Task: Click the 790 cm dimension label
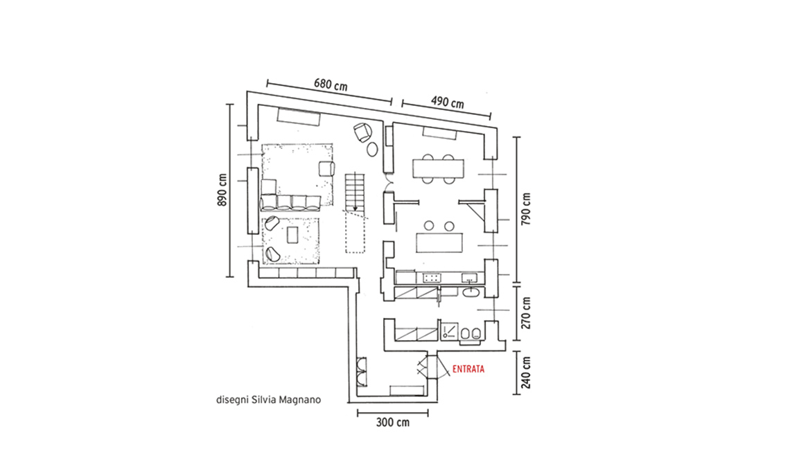tap(526, 208)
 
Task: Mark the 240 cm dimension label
tap(526, 373)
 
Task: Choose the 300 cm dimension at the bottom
tap(393, 423)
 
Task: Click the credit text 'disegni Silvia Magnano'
tap(267, 400)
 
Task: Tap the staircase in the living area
tap(355, 192)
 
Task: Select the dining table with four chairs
tap(437, 168)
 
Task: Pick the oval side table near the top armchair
tap(372, 149)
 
